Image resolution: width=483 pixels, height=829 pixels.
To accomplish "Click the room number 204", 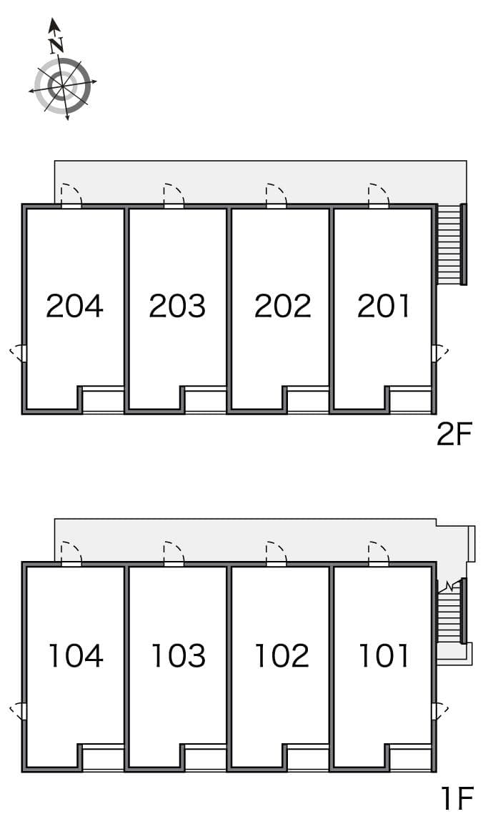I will point(74,306).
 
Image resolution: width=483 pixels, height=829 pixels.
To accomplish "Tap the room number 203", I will point(177,306).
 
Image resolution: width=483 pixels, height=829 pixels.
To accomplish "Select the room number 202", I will point(282,306).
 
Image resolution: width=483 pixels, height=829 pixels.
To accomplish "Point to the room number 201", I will point(384,306).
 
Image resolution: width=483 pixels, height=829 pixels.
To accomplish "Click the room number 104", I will point(75,655).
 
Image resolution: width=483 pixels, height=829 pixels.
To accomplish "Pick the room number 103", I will point(178,655).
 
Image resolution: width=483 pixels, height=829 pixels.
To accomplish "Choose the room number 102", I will point(282,655).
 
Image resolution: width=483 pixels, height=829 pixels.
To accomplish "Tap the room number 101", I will point(384,655).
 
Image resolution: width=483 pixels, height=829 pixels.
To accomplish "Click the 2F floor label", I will point(454,434).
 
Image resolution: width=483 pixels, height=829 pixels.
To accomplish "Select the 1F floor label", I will point(456,798).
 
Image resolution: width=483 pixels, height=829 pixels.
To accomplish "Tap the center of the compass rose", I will point(62,86).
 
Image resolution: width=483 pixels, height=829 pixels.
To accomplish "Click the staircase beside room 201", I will point(449,244).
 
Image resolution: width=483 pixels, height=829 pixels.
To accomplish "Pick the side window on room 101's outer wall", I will point(435,711).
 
